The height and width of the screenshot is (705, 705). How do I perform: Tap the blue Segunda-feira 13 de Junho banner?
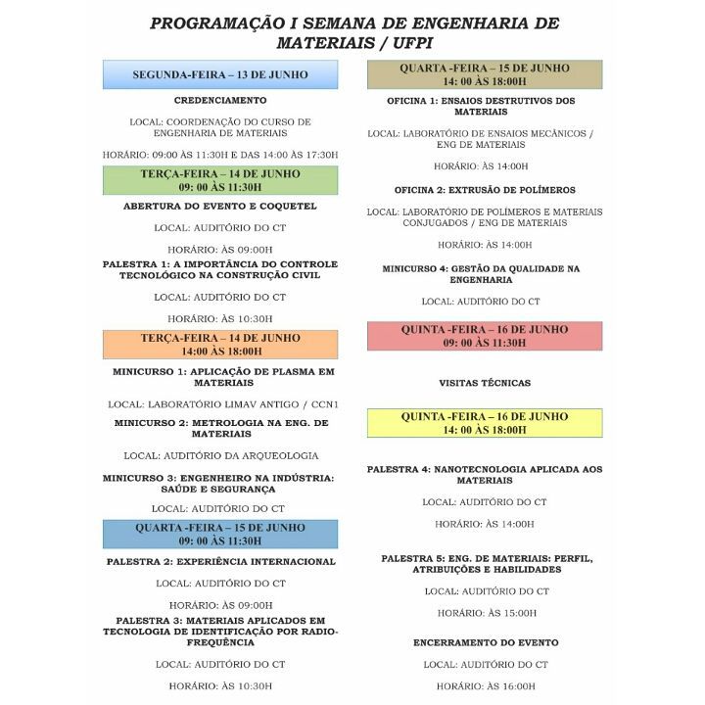[220, 74]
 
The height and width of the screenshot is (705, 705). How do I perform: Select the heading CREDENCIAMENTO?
[220, 100]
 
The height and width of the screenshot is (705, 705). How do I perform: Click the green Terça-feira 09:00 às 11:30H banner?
[220, 180]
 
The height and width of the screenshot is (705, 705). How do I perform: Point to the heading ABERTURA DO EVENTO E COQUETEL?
[220, 207]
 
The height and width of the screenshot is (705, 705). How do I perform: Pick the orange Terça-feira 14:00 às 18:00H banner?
[220, 344]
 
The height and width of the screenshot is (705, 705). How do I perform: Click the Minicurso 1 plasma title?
[222, 377]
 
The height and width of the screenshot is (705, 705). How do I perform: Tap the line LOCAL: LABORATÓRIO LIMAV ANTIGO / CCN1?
[222, 403]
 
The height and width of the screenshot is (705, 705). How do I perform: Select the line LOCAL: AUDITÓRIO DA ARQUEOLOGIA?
[220, 455]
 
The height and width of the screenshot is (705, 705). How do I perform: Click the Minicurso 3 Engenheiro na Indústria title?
[219, 483]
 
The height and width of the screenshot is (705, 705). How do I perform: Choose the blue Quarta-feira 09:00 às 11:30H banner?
[220, 534]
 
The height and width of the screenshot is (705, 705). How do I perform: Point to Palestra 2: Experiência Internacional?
[220, 562]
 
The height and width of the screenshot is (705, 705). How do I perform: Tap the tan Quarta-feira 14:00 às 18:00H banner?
[485, 74]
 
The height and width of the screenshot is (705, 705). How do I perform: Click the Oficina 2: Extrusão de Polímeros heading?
[485, 190]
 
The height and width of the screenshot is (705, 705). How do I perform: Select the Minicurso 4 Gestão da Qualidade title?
[481, 273]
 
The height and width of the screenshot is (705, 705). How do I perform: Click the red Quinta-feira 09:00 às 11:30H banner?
[485, 336]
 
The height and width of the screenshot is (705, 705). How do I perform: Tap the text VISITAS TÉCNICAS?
[485, 383]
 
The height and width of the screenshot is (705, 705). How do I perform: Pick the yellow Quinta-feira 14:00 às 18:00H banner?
[485, 423]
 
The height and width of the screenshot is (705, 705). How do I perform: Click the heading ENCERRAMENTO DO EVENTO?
[486, 642]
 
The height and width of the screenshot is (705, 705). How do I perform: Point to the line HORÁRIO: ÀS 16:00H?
[486, 686]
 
